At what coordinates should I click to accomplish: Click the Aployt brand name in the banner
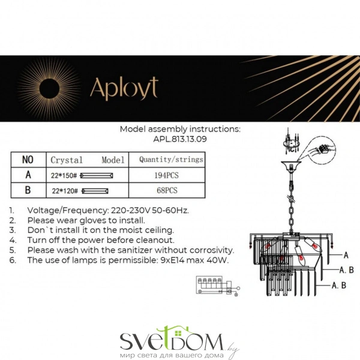124,88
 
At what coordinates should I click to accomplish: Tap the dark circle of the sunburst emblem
49,89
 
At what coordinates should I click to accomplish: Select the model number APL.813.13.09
180,139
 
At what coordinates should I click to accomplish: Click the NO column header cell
28,160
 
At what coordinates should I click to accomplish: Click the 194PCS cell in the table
166,175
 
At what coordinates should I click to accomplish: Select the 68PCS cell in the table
167,190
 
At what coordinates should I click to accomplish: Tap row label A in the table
28,175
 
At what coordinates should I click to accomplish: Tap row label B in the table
28,190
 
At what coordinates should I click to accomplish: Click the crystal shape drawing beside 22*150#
97,176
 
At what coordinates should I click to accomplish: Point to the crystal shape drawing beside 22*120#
95,191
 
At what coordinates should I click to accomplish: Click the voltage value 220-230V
130,211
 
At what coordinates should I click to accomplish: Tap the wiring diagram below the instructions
218,286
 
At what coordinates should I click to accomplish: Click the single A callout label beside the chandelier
346,255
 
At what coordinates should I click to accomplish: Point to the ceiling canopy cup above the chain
292,166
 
